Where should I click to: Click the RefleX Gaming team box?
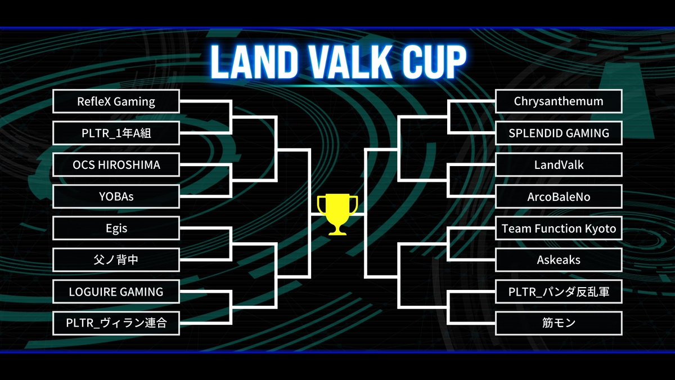pos(116,101)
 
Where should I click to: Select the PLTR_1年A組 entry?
pos(116,133)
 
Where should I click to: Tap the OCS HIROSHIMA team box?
pos(116,165)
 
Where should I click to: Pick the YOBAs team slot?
pos(116,196)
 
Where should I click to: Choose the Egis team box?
pos(116,228)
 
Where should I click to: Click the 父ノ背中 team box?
pos(116,260)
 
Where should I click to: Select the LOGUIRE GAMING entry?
pos(116,292)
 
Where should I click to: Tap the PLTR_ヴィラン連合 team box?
pos(116,323)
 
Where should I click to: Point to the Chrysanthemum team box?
pos(559,101)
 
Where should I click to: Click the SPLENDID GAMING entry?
pos(559,133)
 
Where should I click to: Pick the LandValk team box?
pos(559,165)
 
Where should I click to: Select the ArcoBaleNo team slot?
pos(559,196)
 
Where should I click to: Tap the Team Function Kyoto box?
pos(559,228)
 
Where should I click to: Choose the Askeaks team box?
pos(559,260)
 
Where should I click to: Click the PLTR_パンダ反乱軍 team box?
pos(559,292)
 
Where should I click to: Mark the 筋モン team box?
pos(559,323)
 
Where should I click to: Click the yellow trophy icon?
pos(337,214)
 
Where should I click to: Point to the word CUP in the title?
pos(431,61)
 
